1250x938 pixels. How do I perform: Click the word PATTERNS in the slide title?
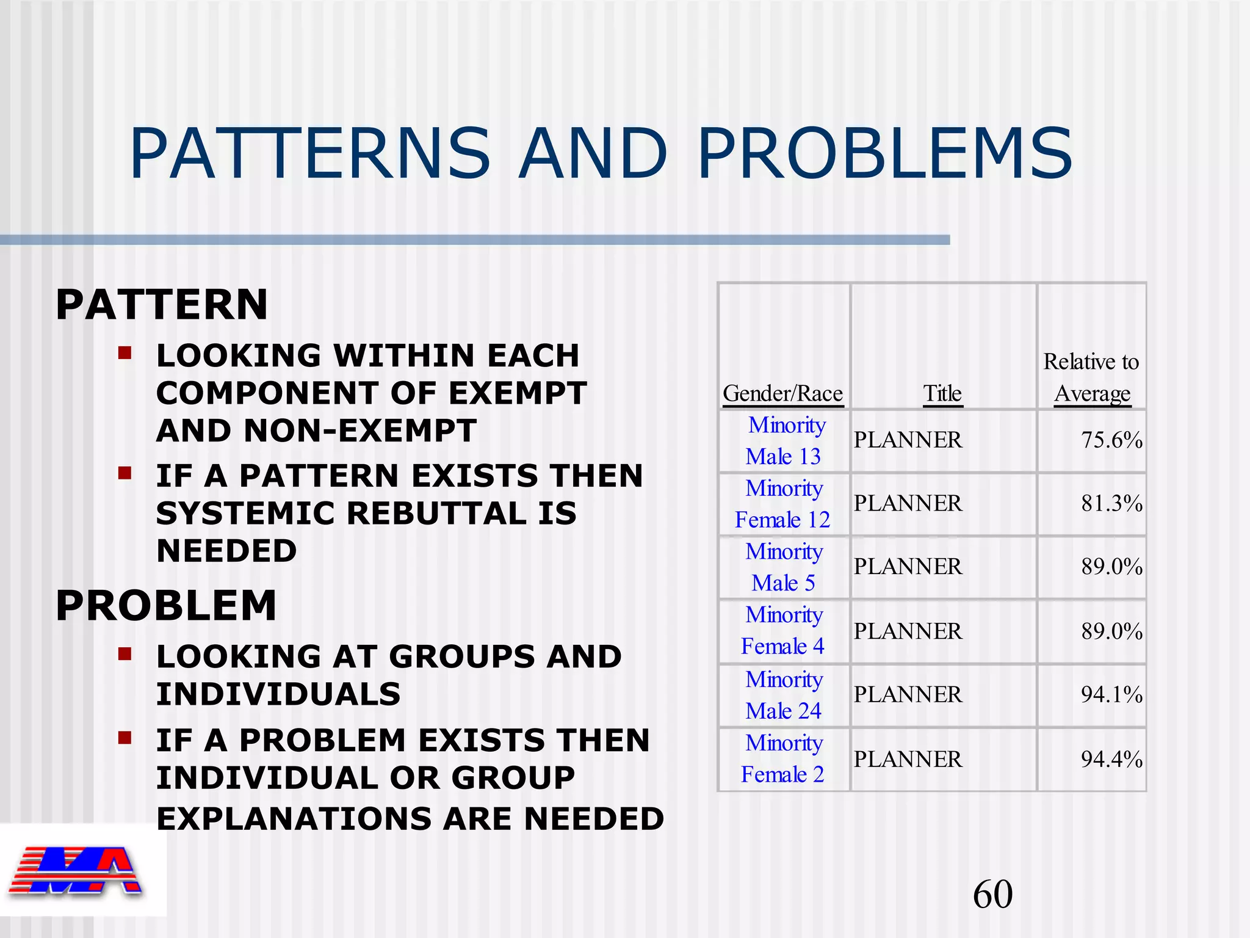tap(310, 153)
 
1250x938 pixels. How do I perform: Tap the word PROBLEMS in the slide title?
tap(884, 153)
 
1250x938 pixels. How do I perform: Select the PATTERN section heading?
tap(162, 305)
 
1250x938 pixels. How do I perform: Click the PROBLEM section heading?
tap(166, 606)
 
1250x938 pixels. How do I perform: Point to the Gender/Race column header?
tap(782, 393)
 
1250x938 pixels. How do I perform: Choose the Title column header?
tap(942, 393)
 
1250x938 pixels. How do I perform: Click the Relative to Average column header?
tap(1091, 377)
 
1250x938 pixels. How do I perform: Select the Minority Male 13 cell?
tap(784, 440)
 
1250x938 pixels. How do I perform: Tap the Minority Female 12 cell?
tap(783, 504)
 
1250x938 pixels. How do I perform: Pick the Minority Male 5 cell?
tap(784, 567)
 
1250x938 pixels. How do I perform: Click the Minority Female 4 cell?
tap(783, 630)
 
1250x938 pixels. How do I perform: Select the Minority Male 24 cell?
tap(784, 695)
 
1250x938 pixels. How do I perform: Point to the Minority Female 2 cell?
tap(783, 758)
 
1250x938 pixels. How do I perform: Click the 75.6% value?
tap(1111, 440)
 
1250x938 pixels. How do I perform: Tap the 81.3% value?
tap(1111, 504)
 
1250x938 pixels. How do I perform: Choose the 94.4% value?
tap(1111, 759)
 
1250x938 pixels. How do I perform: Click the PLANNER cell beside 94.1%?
tap(908, 695)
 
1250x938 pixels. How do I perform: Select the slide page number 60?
tap(992, 895)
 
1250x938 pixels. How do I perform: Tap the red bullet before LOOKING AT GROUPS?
tap(125, 655)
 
